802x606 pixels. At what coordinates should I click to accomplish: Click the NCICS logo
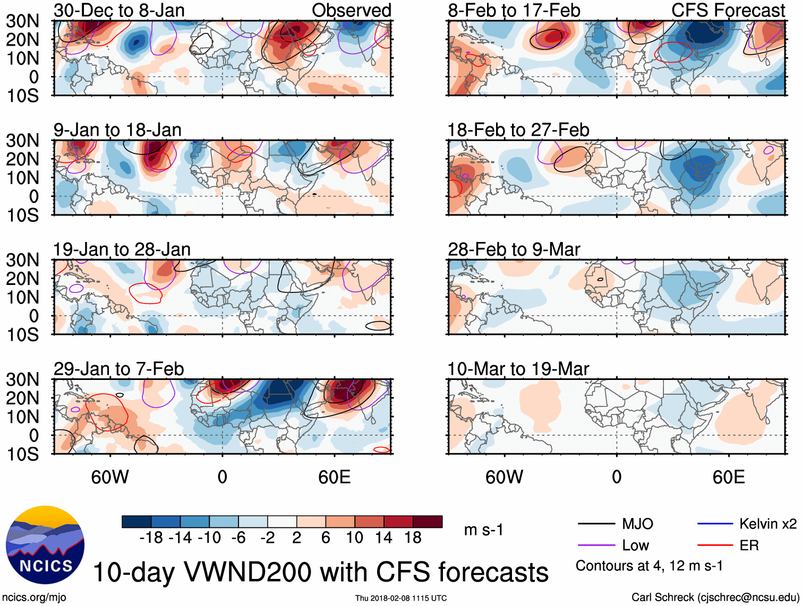point(45,545)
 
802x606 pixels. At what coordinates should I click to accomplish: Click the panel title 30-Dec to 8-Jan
point(119,10)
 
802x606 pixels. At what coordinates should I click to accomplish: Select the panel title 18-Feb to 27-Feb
point(518,130)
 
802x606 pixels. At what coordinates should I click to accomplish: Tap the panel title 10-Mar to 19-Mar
point(518,369)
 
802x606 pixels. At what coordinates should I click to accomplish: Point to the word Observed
point(351,10)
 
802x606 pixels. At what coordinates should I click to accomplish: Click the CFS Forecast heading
point(728,10)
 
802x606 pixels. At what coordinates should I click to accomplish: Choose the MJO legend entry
point(637,524)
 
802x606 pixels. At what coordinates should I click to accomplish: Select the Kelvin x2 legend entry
point(767,524)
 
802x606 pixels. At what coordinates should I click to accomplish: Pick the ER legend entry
point(749,546)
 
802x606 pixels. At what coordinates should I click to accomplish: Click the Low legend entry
point(635,546)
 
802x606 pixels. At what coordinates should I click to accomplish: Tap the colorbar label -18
point(151,538)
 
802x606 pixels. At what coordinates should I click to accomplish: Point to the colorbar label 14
point(383,538)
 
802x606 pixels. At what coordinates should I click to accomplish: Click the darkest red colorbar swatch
point(428,522)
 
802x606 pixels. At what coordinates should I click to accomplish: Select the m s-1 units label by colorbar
point(483,530)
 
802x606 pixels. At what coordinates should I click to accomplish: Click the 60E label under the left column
point(334,477)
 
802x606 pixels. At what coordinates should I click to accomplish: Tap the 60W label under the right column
point(504,477)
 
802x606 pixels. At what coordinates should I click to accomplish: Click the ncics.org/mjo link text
point(34,598)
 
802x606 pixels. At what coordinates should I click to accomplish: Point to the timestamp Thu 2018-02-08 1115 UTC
point(401,598)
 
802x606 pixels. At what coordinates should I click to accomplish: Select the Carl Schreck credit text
point(715,598)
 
